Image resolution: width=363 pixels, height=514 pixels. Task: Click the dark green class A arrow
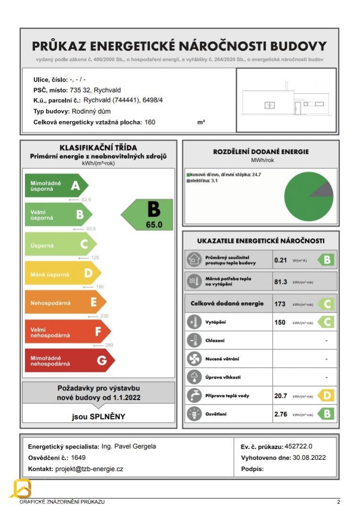[x=56, y=186]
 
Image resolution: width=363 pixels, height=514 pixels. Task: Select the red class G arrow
[x=69, y=361]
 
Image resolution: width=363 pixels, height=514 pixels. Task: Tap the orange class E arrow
[x=65, y=302]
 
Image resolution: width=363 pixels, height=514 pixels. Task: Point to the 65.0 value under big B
[x=154, y=225]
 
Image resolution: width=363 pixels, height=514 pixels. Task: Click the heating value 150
[x=280, y=323]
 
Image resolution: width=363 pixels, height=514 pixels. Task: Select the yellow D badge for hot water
[x=326, y=396]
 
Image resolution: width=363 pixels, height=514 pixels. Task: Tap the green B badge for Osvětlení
[x=326, y=414]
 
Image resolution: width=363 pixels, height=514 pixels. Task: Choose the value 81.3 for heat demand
[x=281, y=282]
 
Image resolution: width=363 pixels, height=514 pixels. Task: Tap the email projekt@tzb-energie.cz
[x=89, y=469]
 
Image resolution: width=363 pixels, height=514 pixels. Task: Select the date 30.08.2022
[x=309, y=457]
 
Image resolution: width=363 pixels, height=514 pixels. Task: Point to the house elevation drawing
[x=286, y=100]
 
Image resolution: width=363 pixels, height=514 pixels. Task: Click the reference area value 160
[x=150, y=122]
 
